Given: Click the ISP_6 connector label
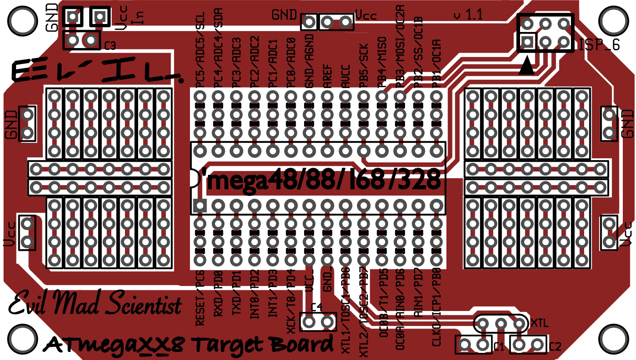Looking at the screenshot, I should click(599, 45).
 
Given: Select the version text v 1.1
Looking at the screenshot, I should click(468, 15).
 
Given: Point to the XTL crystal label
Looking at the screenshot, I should click(539, 323).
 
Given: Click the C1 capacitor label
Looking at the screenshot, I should click(499, 347).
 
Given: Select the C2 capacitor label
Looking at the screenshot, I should click(555, 347).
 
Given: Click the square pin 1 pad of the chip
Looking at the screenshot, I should click(199, 205).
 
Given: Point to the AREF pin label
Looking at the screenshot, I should click(328, 75).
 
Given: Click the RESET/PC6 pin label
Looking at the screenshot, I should click(200, 298).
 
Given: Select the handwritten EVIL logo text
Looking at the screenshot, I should click(94, 71).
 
